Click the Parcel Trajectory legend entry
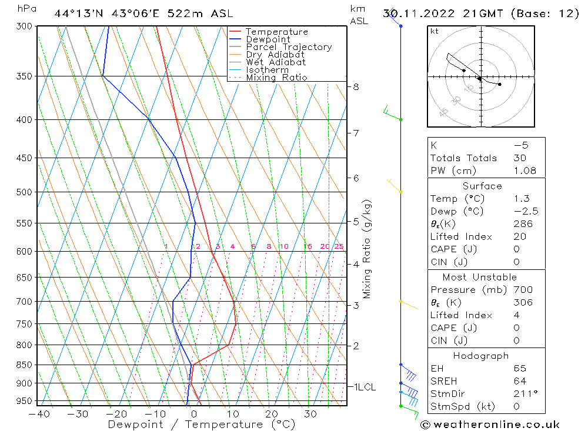(x=289, y=47)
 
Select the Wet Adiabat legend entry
(x=276, y=62)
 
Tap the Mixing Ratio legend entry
(x=276, y=78)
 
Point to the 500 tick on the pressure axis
(x=25, y=192)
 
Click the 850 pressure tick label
(x=25, y=365)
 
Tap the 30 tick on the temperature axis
(x=310, y=414)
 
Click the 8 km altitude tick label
(x=356, y=87)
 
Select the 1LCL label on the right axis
(x=364, y=387)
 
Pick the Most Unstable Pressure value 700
(x=522, y=290)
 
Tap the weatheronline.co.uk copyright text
(x=490, y=425)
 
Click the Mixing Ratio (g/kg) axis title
(x=367, y=249)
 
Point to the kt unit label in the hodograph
(x=435, y=31)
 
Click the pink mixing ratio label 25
(x=339, y=246)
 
